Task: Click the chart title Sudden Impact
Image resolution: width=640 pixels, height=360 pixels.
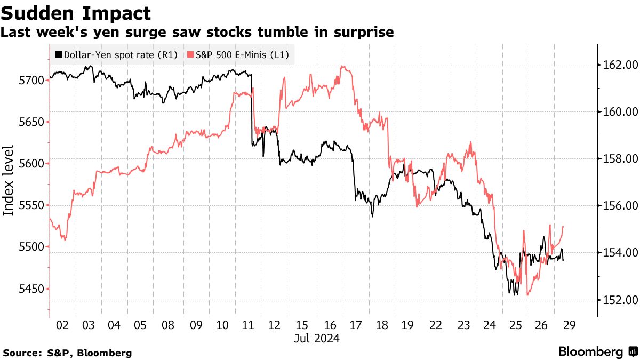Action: click(75, 13)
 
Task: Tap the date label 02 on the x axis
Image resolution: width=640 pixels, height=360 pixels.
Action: click(62, 325)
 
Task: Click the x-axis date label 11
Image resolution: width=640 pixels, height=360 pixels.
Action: click(247, 325)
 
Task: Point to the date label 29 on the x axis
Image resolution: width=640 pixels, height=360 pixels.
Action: click(567, 325)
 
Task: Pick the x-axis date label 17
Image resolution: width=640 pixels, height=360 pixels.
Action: click(356, 325)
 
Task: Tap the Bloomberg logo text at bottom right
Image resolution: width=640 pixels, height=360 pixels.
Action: click(591, 352)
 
